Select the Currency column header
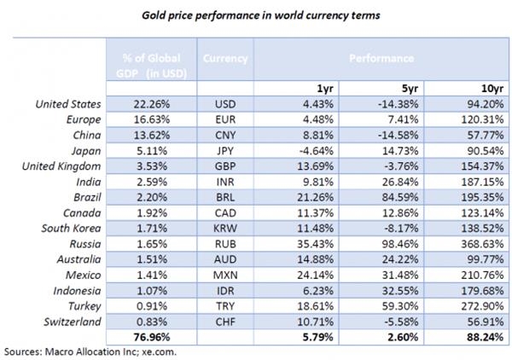coord(225,59)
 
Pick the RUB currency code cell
coord(225,243)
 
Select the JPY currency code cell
coord(225,150)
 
